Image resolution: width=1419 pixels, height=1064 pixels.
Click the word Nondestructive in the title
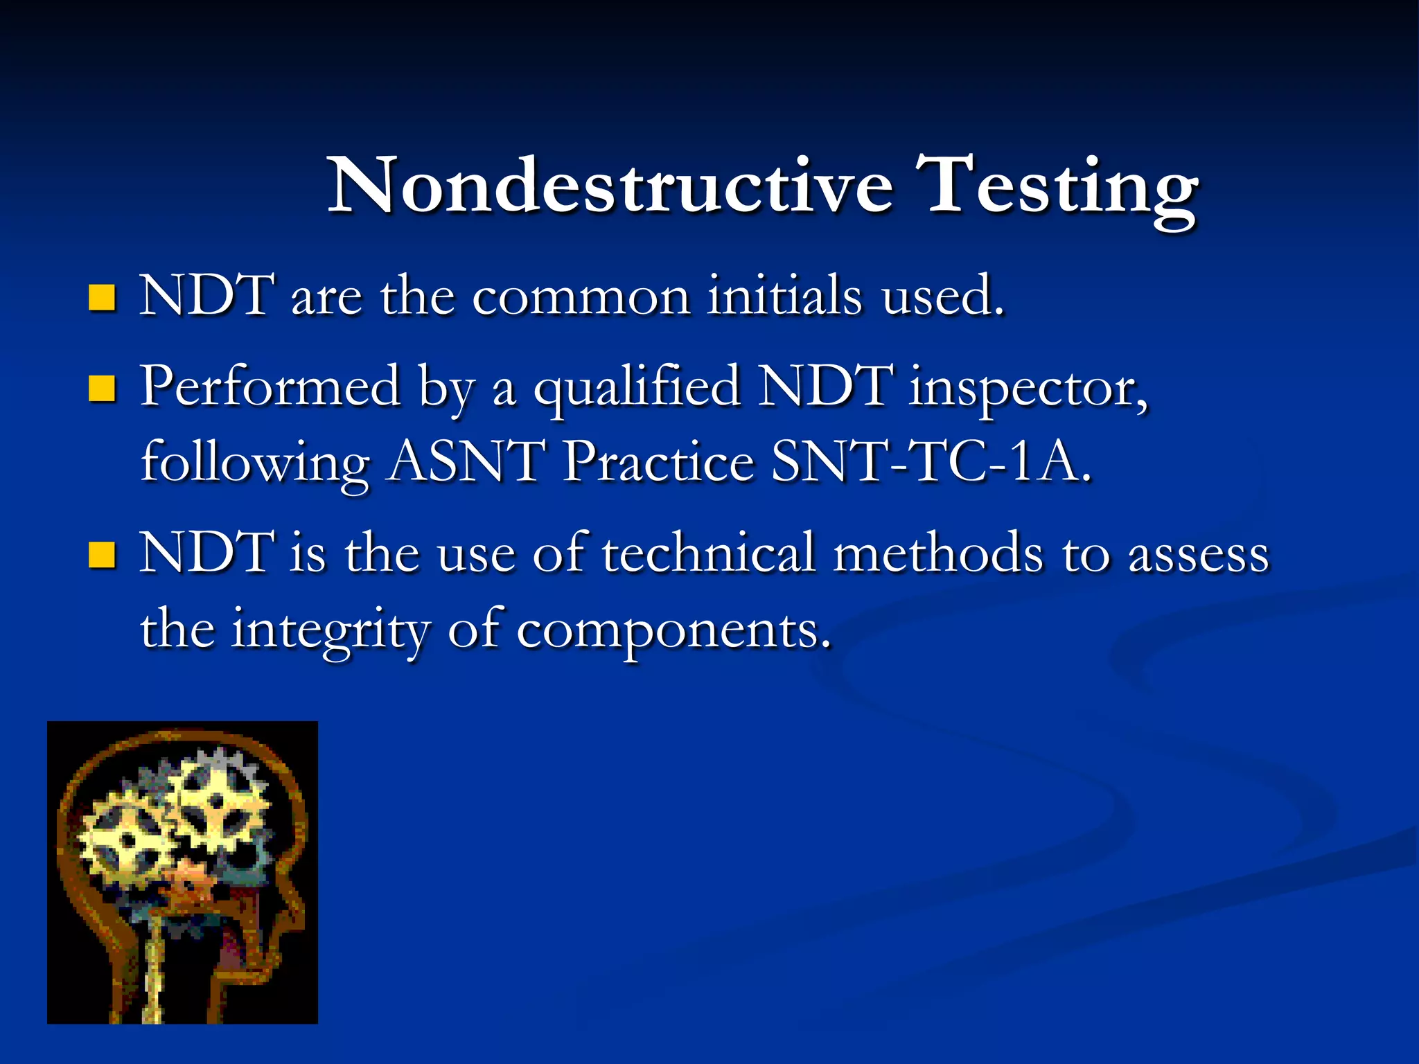[610, 186]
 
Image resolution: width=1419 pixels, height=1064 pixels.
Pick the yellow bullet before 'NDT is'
[102, 555]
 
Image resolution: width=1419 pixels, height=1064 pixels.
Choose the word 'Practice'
[658, 463]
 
